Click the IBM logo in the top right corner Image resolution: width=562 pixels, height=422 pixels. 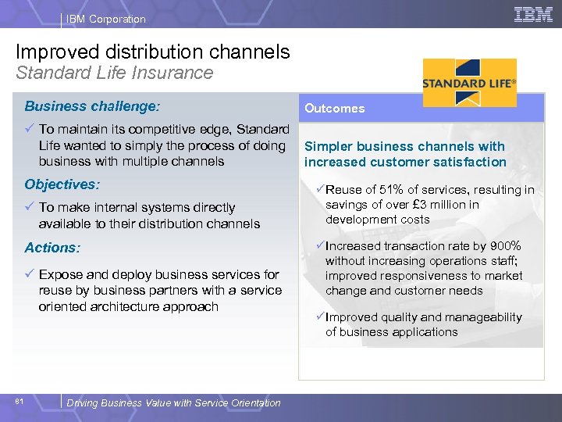[x=533, y=14]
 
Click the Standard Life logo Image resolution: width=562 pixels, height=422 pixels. [x=469, y=82]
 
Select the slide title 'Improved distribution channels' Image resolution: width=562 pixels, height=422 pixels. [x=153, y=52]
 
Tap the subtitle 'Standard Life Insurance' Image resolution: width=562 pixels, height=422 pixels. [x=115, y=73]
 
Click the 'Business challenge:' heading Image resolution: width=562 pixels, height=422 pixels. [x=92, y=105]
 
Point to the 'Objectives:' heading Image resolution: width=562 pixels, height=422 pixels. [x=62, y=184]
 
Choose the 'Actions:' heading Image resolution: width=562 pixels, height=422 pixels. [x=52, y=248]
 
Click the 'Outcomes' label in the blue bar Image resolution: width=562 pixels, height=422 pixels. [x=334, y=109]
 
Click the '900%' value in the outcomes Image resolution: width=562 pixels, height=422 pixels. [x=505, y=246]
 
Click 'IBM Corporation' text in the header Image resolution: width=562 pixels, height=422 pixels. [x=105, y=19]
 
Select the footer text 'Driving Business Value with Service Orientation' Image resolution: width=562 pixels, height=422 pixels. [x=173, y=403]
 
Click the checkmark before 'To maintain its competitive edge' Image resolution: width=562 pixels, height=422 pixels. [x=29, y=129]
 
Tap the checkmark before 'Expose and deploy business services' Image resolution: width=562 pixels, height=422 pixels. [x=29, y=274]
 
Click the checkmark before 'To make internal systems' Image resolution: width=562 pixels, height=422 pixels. [x=29, y=207]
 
